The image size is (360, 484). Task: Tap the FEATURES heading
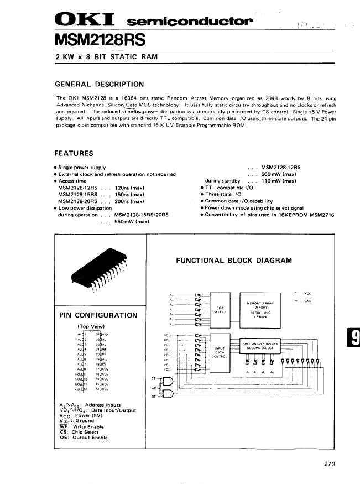[74, 153]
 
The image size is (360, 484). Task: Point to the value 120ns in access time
[126, 188]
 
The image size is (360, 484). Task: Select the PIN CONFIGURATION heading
[98, 315]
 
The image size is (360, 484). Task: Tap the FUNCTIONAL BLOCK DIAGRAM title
[233, 260]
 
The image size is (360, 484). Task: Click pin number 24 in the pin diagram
[98, 335]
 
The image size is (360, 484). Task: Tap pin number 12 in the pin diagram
[86, 389]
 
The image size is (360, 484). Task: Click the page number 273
[330, 464]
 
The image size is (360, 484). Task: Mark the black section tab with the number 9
[354, 336]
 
